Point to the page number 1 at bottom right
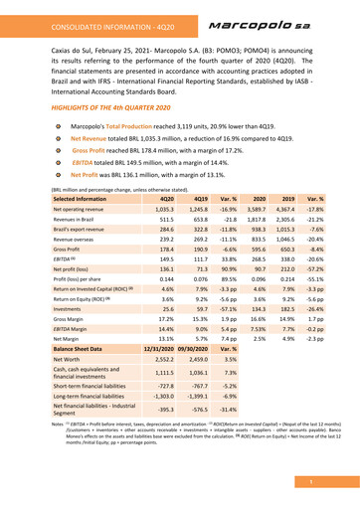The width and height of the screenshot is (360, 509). point(339,481)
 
